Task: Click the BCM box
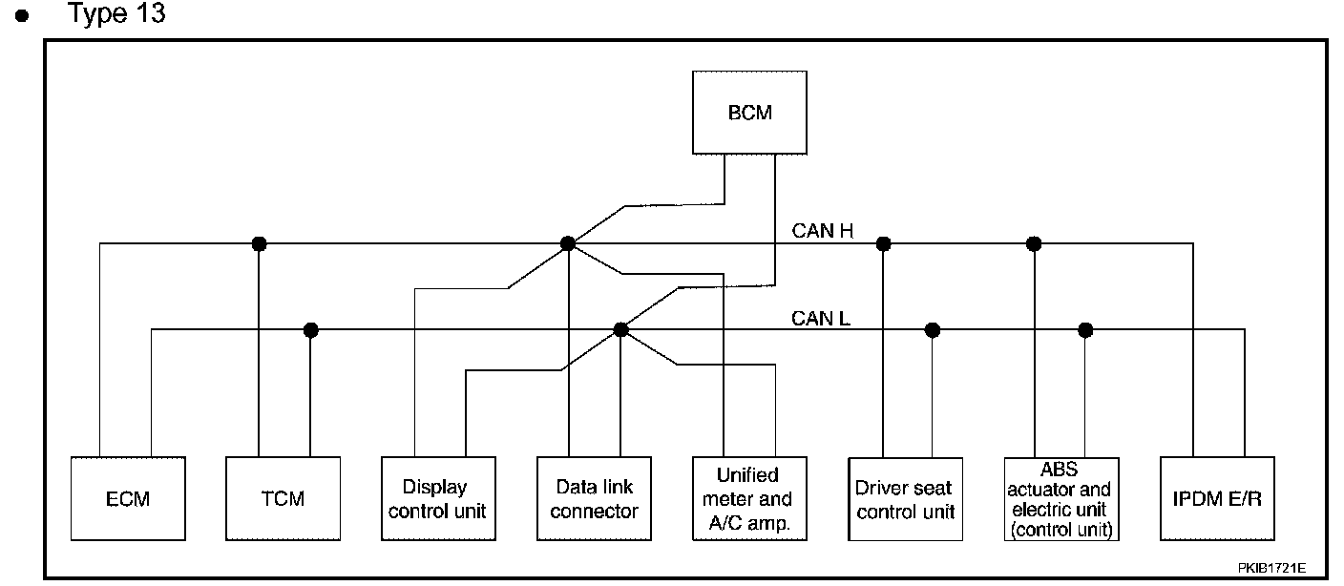pos(749,113)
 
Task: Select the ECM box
pos(128,498)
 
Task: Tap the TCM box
pos(283,498)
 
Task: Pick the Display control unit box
pos(438,498)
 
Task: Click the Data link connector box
pos(594,498)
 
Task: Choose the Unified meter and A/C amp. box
pos(749,498)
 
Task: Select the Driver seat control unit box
pos(906,499)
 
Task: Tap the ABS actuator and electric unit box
pos(1061,499)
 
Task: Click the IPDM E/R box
pos(1217,498)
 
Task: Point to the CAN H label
pos(822,231)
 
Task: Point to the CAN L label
pos(820,318)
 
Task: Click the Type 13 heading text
pos(117,13)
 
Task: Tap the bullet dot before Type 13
pos(22,15)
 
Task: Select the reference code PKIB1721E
pos(1271,568)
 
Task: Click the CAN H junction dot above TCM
pos(259,243)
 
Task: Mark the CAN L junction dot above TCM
pos(310,330)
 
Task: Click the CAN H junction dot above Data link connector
pos(568,243)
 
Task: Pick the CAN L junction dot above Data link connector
pos(620,330)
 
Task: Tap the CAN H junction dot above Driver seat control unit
pos(883,243)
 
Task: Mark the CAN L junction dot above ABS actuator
pos(1085,330)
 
